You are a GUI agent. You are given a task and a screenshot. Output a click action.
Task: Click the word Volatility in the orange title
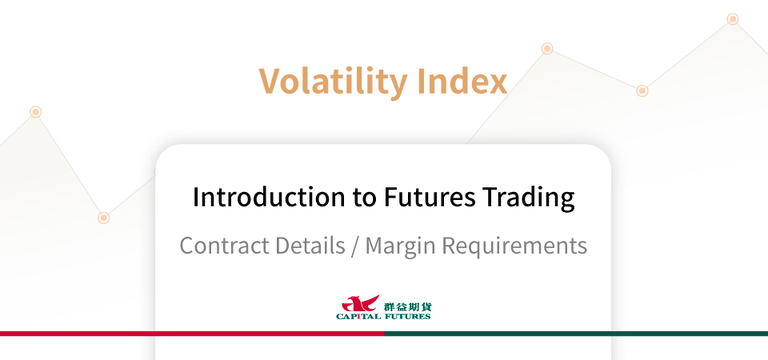pyautogui.click(x=333, y=82)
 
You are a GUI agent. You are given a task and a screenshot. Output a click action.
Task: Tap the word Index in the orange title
pyautogui.click(x=463, y=81)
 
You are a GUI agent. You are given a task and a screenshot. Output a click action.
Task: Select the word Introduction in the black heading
pyautogui.click(x=269, y=197)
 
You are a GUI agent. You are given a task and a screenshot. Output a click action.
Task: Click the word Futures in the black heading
pyautogui.click(x=429, y=197)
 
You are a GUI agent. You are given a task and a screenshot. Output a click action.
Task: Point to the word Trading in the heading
pyautogui.click(x=529, y=198)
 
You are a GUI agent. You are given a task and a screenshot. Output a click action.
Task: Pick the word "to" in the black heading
pyautogui.click(x=365, y=198)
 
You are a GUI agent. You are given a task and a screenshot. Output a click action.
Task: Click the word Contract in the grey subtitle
pyautogui.click(x=222, y=245)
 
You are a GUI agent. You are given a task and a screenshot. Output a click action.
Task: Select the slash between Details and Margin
pyautogui.click(x=355, y=246)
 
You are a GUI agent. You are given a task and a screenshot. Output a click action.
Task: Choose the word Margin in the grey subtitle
pyautogui.click(x=400, y=246)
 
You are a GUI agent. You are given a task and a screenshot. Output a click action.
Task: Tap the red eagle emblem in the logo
pyautogui.click(x=360, y=303)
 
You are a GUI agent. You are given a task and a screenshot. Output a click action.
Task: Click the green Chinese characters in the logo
pyautogui.click(x=407, y=307)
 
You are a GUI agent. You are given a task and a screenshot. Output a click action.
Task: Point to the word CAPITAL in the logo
pyautogui.click(x=358, y=317)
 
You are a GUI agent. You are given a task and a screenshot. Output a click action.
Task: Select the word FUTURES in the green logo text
pyautogui.click(x=407, y=317)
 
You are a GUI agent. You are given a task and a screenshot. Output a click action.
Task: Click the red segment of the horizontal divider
pyautogui.click(x=192, y=334)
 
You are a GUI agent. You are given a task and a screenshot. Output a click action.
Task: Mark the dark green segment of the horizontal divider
pyautogui.click(x=576, y=334)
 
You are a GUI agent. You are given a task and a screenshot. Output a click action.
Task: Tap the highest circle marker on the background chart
pyautogui.click(x=733, y=19)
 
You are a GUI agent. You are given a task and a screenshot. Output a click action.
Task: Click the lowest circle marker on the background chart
pyautogui.click(x=103, y=218)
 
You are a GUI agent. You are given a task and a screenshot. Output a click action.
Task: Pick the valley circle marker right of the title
pyautogui.click(x=642, y=90)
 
